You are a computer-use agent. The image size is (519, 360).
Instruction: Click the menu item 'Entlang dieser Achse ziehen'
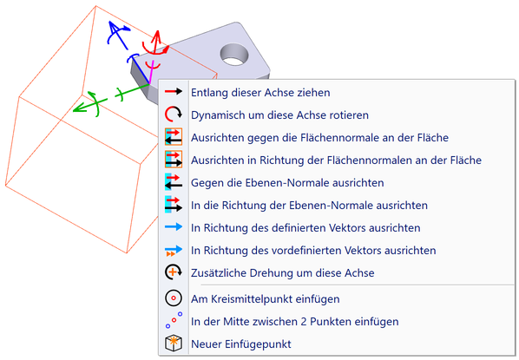pyautogui.click(x=260, y=93)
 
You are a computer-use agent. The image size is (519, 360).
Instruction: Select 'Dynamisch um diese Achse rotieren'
pyautogui.click(x=279, y=115)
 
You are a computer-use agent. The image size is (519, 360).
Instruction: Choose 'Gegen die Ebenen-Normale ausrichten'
pyautogui.click(x=287, y=183)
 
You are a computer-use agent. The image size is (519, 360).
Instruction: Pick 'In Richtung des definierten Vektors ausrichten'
pyautogui.click(x=305, y=227)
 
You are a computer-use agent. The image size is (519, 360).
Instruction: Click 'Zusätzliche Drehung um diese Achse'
pyautogui.click(x=282, y=272)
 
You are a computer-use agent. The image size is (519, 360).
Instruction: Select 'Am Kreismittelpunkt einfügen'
pyautogui.click(x=265, y=298)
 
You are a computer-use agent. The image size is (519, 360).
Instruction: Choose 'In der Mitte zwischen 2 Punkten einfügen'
pyautogui.click(x=294, y=321)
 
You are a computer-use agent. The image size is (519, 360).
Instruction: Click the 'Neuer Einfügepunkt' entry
pyautogui.click(x=241, y=344)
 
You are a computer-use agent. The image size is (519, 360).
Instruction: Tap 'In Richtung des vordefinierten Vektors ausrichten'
pyautogui.click(x=313, y=250)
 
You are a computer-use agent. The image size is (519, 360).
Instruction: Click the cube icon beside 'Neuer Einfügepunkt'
pyautogui.click(x=174, y=344)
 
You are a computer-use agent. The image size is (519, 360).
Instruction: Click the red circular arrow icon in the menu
pyautogui.click(x=173, y=115)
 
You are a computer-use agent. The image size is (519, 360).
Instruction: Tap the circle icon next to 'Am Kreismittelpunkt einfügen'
pyautogui.click(x=174, y=298)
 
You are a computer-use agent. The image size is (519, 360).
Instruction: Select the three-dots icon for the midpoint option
pyautogui.click(x=174, y=320)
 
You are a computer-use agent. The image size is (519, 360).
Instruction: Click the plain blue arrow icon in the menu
pyautogui.click(x=174, y=226)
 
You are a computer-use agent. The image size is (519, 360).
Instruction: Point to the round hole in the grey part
pyautogui.click(x=234, y=55)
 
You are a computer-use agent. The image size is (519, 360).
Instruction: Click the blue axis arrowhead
pyautogui.click(x=113, y=27)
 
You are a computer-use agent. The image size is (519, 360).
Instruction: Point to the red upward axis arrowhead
pyautogui.click(x=157, y=35)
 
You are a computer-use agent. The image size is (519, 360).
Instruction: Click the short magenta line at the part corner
pyautogui.click(x=151, y=72)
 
